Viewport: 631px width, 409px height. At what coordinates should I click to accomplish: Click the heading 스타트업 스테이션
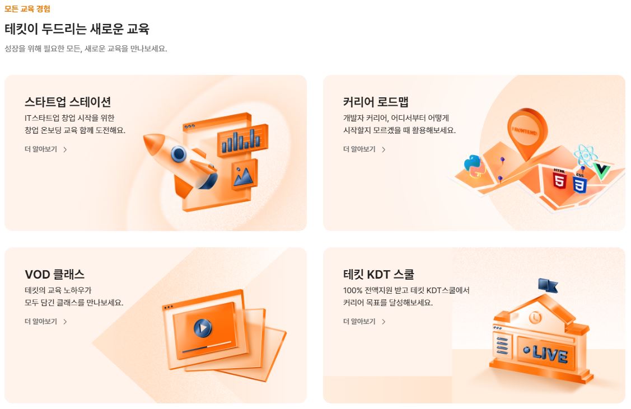[68, 102]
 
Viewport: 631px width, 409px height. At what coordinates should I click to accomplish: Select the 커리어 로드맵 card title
[376, 102]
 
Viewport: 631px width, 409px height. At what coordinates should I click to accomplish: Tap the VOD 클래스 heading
[54, 275]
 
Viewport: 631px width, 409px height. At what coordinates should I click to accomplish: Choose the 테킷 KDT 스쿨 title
[378, 275]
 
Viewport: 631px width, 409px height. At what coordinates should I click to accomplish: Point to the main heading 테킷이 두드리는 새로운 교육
[77, 29]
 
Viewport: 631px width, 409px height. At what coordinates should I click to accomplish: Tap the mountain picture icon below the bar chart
[244, 176]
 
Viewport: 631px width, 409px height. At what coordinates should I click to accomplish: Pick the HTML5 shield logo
[559, 179]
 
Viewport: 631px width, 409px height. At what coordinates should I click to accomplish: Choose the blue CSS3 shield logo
[579, 182]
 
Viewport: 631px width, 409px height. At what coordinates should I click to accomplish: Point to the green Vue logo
[602, 171]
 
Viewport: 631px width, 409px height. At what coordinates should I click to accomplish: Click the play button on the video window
[202, 327]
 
